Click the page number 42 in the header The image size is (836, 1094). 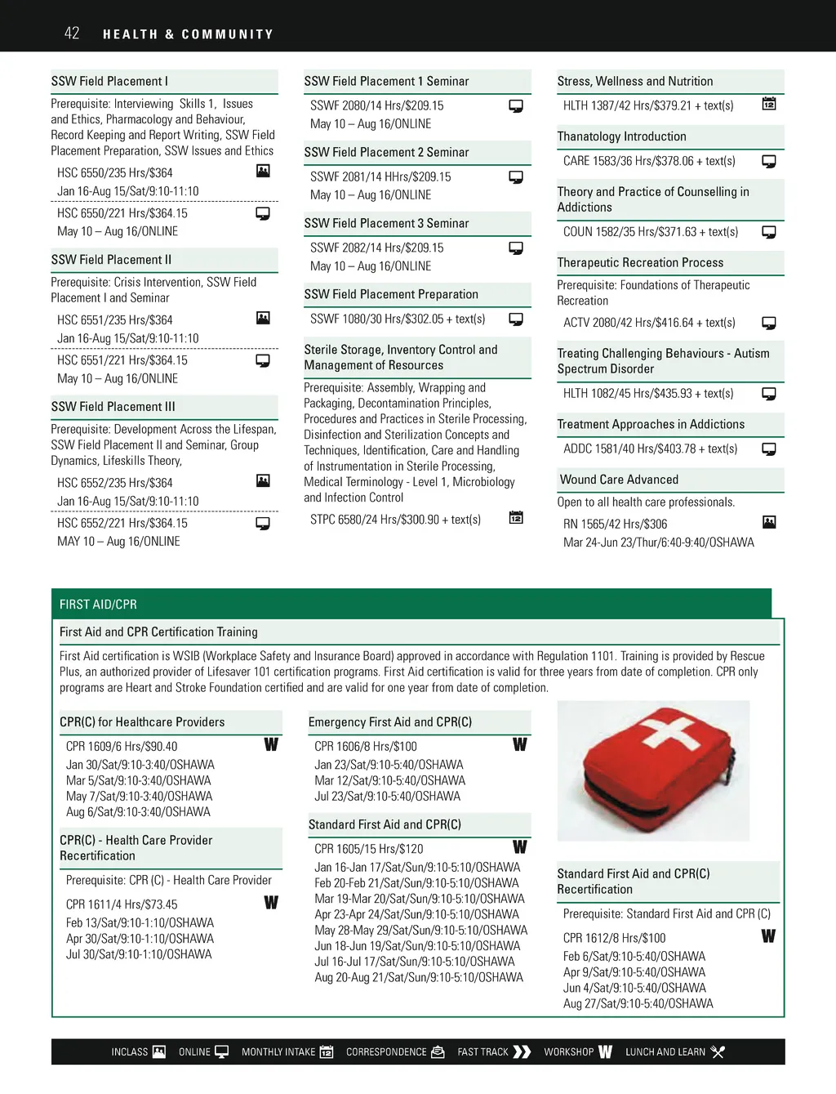(72, 33)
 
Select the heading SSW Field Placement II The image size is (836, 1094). (111, 260)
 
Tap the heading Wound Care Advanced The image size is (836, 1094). (619, 480)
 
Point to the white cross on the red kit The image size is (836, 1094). (669, 730)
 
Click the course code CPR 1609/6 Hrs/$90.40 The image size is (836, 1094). (122, 747)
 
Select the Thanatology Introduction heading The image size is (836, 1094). (621, 136)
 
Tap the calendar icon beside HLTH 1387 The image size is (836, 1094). (769, 104)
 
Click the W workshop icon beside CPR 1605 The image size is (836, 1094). (520, 847)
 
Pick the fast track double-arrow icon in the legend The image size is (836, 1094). (522, 1052)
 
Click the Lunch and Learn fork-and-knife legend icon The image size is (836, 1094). (718, 1052)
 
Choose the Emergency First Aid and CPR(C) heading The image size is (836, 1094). (390, 722)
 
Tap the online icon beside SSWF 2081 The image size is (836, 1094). (516, 177)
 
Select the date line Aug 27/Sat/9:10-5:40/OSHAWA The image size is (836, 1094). (638, 1004)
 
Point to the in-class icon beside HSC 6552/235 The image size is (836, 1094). (263, 480)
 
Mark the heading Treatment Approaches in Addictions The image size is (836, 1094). (651, 424)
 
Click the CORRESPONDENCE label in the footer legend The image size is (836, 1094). (386, 1052)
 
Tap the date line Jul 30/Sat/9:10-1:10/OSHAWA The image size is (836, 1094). (139, 954)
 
